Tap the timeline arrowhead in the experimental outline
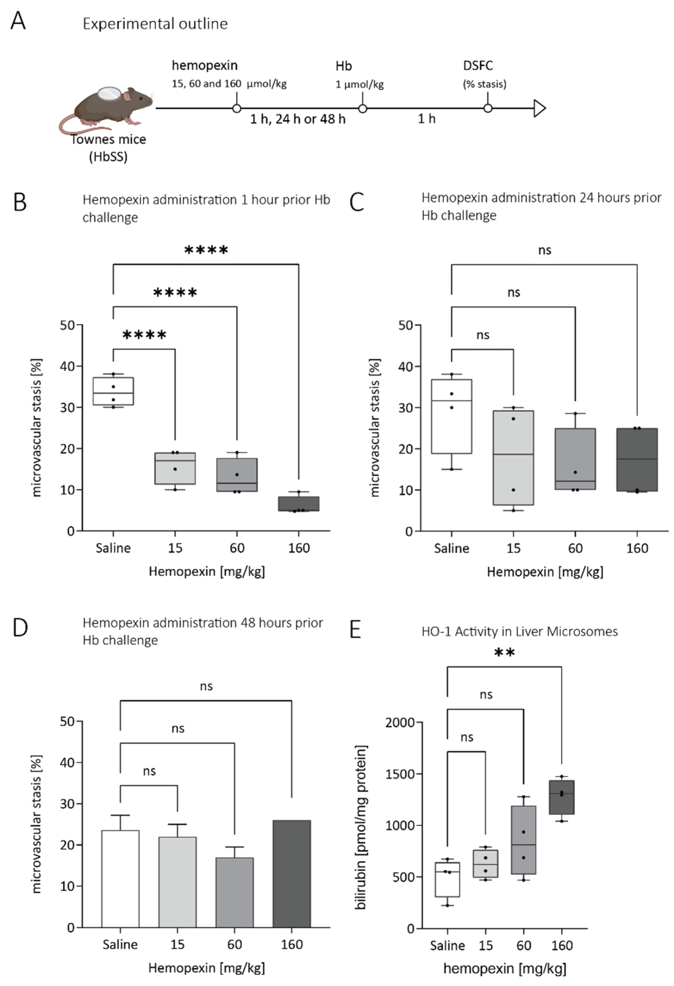coord(539,108)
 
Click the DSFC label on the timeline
coord(478,66)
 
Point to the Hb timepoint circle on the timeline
coord(362,109)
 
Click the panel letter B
coord(20,202)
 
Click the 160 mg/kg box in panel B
coord(299,504)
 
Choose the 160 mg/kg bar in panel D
coord(292,873)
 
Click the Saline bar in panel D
coord(120,879)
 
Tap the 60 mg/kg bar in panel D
coord(234,892)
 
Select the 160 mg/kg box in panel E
coord(561,797)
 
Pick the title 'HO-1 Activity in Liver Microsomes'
coord(519,632)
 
